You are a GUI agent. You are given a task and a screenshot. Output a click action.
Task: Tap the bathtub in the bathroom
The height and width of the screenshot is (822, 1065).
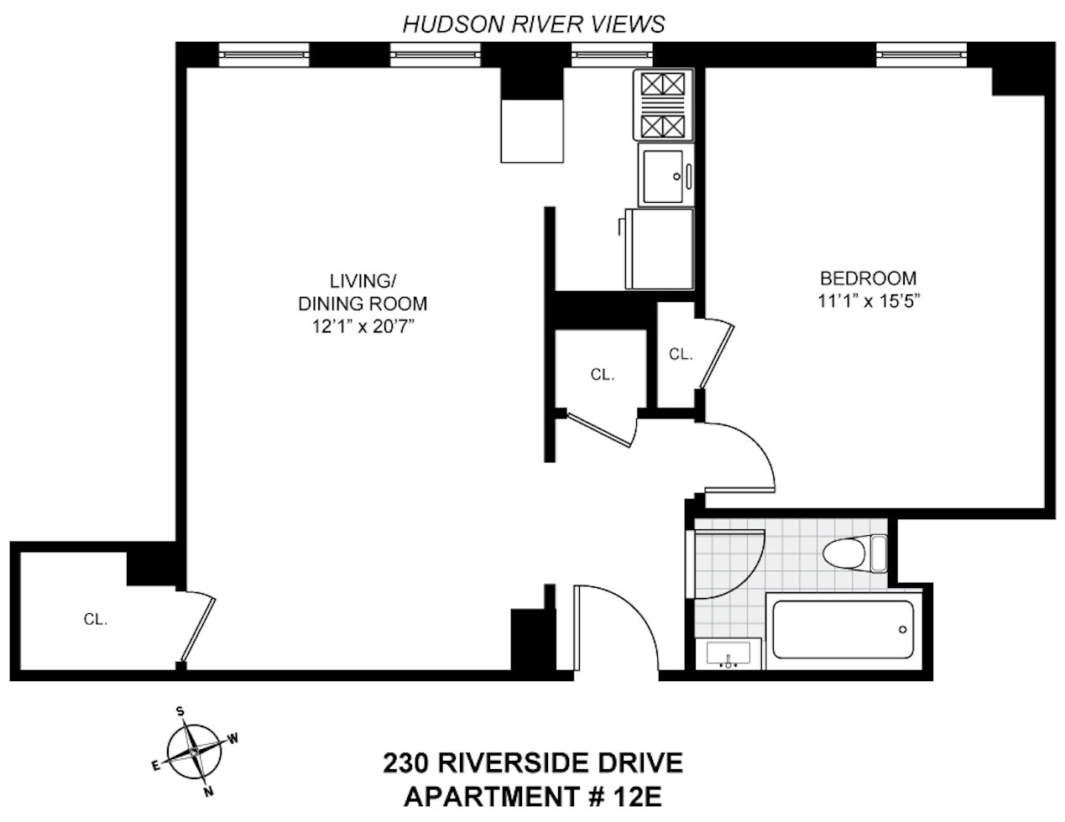pyautogui.click(x=843, y=629)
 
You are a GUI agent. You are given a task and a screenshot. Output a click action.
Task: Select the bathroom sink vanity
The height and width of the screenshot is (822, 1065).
pyautogui.click(x=728, y=653)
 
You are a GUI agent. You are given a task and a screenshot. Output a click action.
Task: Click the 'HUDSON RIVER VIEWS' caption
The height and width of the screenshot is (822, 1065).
pyautogui.click(x=534, y=24)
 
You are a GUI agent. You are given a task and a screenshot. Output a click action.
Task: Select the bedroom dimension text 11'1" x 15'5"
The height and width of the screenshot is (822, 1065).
pyautogui.click(x=869, y=301)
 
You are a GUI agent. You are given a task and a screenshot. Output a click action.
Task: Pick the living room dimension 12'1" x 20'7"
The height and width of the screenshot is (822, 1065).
pyautogui.click(x=363, y=327)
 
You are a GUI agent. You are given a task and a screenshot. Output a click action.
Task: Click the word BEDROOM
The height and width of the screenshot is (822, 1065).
pyautogui.click(x=869, y=278)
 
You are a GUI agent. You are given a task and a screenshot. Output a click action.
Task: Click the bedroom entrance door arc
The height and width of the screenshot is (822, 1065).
pyautogui.click(x=743, y=453)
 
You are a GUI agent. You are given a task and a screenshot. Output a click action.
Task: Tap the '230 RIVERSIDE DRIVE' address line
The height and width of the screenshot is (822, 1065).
pyautogui.click(x=533, y=763)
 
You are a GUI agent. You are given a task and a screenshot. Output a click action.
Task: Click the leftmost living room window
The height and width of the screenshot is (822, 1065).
pyautogui.click(x=264, y=55)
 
